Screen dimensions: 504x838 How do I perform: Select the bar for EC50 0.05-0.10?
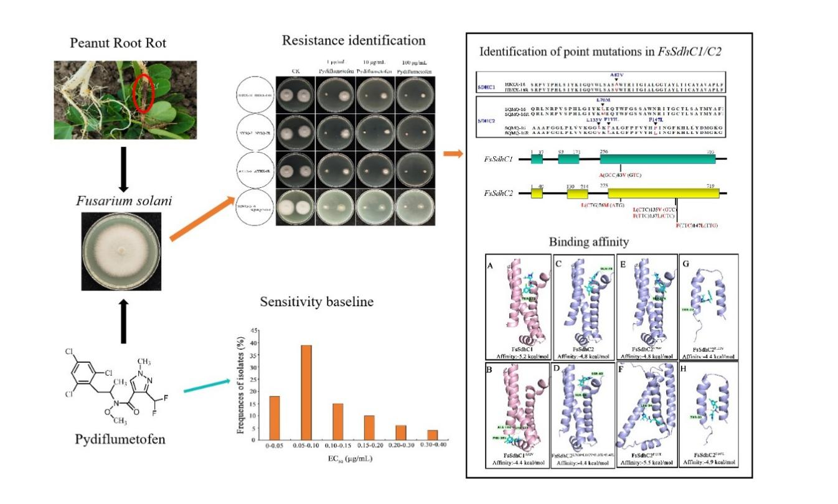point(306,392)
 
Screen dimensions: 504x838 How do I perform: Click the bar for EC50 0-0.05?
point(275,418)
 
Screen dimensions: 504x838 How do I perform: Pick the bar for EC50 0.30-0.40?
point(433,435)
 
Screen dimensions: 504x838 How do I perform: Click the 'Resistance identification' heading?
point(354,40)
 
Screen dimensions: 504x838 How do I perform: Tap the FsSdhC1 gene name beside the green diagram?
point(498,159)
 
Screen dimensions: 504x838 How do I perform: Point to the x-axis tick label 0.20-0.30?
point(401,447)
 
